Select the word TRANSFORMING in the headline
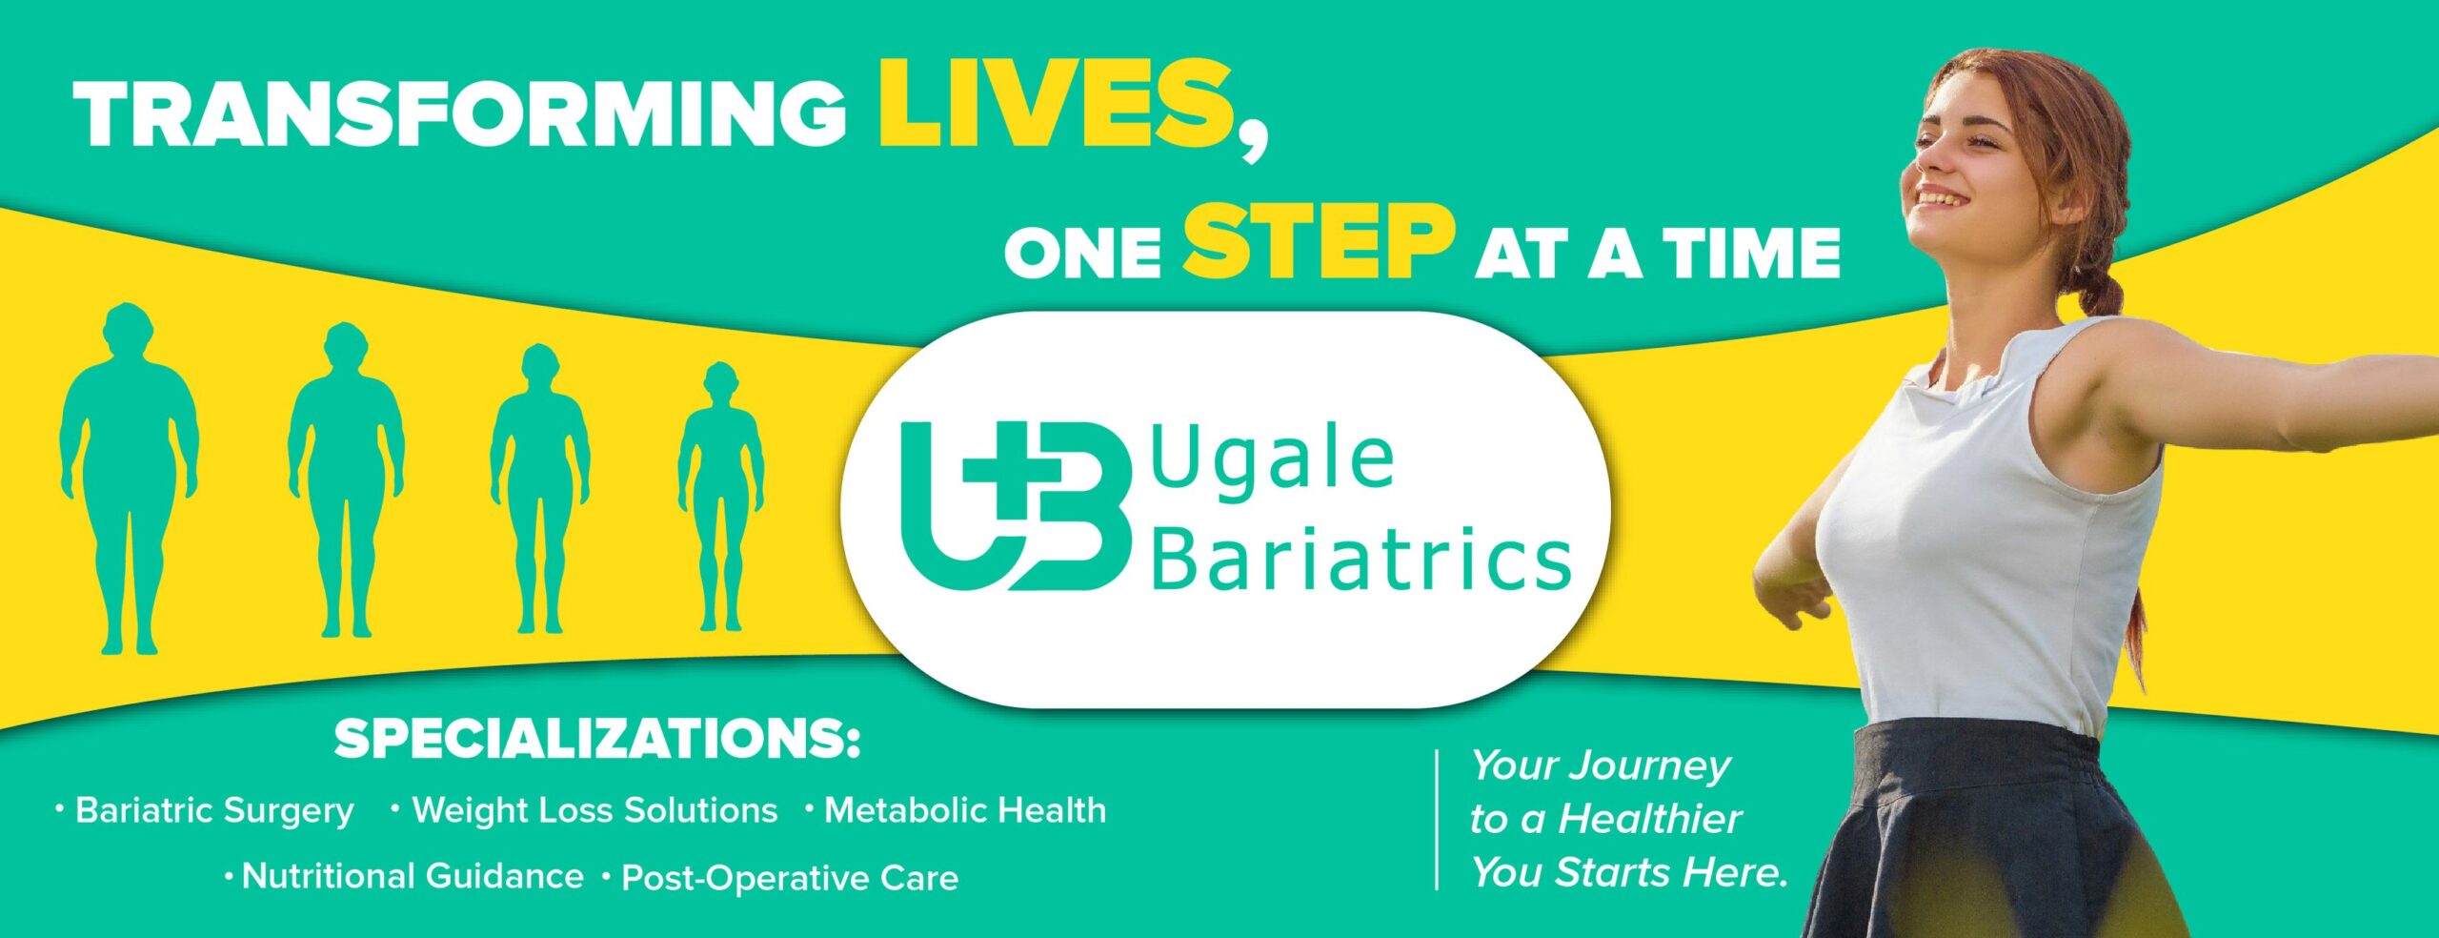pyautogui.click(x=460, y=114)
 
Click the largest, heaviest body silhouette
pyautogui.click(x=130, y=477)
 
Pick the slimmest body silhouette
pyautogui.click(x=721, y=496)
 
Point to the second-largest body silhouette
pyautogui.click(x=346, y=477)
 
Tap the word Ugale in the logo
pyautogui.click(x=1273, y=461)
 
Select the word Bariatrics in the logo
pyautogui.click(x=1361, y=561)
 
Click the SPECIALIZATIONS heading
pyautogui.click(x=596, y=740)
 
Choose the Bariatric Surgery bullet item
pyautogui.click(x=214, y=811)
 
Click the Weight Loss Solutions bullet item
pyautogui.click(x=595, y=811)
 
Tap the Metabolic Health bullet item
pyautogui.click(x=964, y=811)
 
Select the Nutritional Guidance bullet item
pyautogui.click(x=413, y=876)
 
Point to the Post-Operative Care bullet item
pyautogui.click(x=789, y=878)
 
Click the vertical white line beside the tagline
pyautogui.click(x=1437, y=820)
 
